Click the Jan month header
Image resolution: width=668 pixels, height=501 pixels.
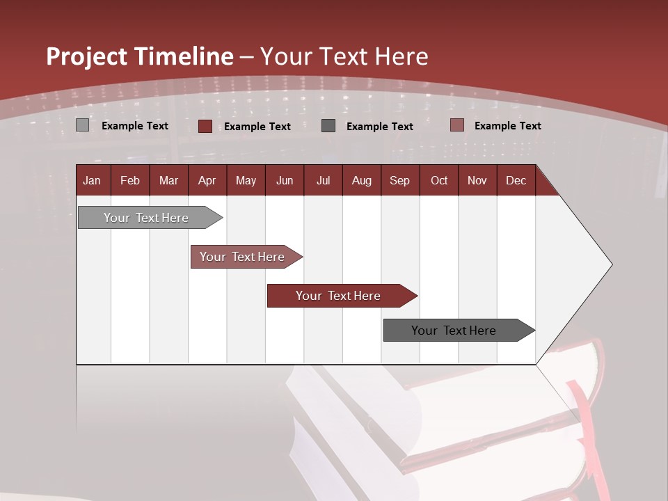[x=93, y=180]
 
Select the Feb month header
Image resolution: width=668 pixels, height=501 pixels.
[x=130, y=180]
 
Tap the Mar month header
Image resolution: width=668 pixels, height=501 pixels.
[x=168, y=180]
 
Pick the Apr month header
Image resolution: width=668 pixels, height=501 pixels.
[x=207, y=180]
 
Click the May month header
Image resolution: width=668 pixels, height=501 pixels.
[x=246, y=180]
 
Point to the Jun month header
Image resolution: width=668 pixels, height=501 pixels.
[x=285, y=180]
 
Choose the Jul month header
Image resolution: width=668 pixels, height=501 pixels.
[x=323, y=180]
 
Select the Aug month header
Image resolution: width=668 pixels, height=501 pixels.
[x=362, y=180]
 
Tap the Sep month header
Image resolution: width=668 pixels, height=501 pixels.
[x=400, y=180]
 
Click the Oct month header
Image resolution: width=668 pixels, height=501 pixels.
[x=439, y=180]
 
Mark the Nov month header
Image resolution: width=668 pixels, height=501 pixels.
[x=477, y=180]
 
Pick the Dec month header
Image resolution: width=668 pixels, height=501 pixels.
[x=516, y=180]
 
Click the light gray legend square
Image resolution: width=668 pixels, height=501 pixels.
[x=83, y=125]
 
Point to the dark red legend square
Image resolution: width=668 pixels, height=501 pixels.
[x=205, y=126]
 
